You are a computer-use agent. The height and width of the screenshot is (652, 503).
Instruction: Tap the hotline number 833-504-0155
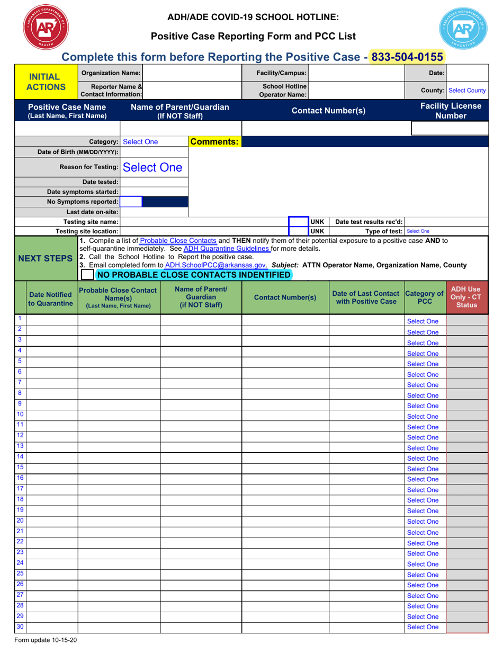coord(407,57)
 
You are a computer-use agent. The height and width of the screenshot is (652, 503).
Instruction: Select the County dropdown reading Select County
coord(468,91)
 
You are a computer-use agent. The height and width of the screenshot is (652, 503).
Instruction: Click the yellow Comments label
coord(215,142)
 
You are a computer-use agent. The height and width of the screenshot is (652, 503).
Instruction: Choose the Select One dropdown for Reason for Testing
coord(153,168)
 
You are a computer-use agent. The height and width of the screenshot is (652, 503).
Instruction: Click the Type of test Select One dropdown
coord(418,231)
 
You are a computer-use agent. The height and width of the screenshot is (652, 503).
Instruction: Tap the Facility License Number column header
coord(451,111)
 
